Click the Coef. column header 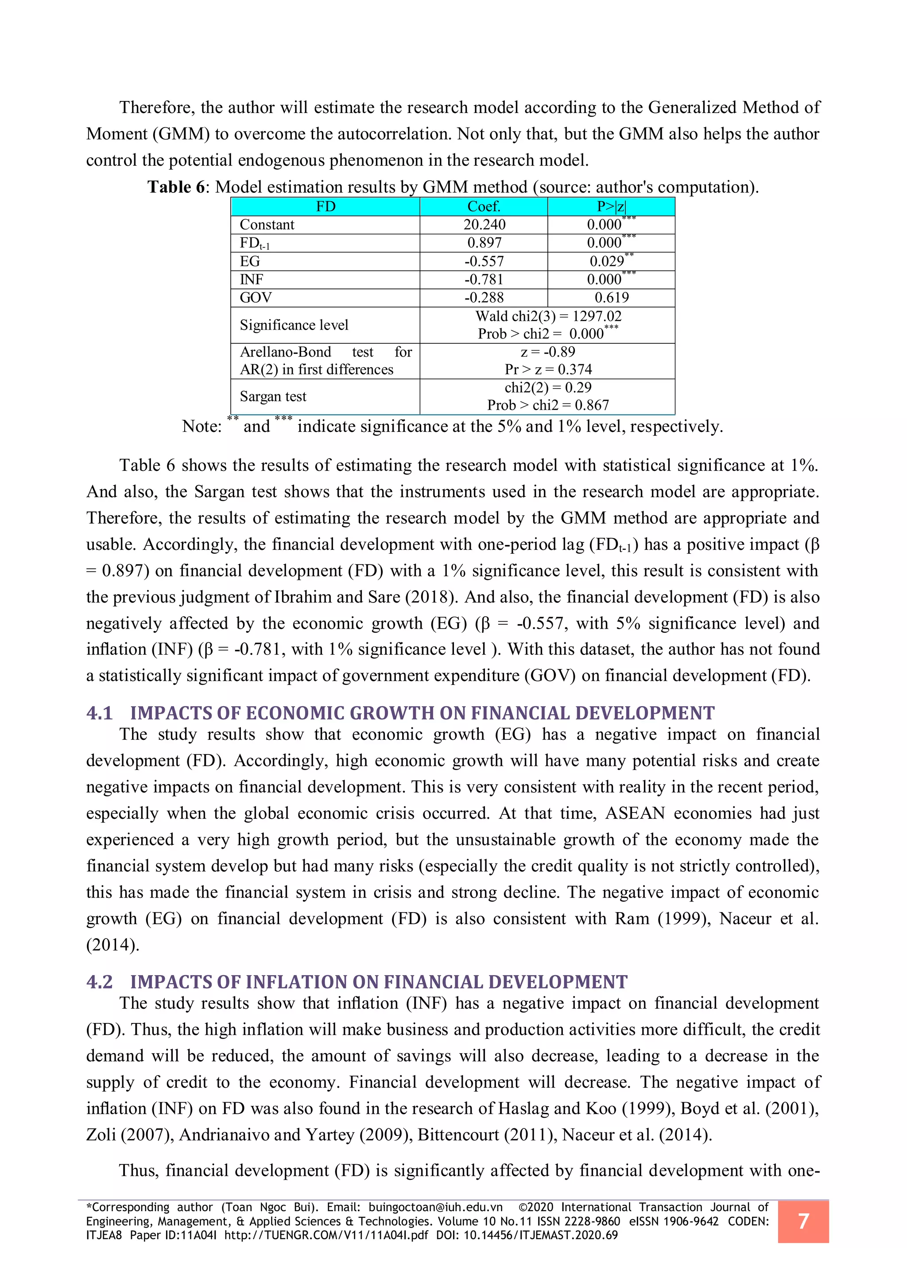click(484, 207)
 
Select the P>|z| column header click(611, 207)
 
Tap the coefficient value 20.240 click(484, 225)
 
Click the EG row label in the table click(250, 261)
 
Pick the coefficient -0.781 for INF click(484, 280)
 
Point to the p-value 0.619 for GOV click(611, 298)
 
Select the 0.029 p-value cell click(607, 261)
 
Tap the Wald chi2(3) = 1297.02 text click(548, 316)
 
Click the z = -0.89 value click(547, 352)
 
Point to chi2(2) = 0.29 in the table click(547, 388)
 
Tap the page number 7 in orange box click(802, 1221)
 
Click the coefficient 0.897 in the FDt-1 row click(484, 243)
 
